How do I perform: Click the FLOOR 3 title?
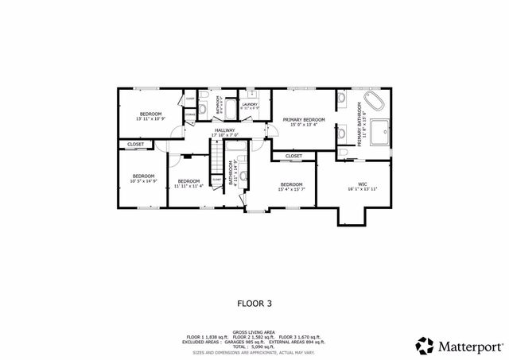click(254, 303)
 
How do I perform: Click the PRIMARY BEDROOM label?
click(304, 121)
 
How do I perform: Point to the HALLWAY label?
click(225, 132)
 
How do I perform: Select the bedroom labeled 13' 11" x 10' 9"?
click(150, 116)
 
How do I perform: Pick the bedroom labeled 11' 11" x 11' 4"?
click(189, 182)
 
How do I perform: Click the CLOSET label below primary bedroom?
click(293, 156)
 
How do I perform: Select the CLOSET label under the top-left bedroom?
click(134, 145)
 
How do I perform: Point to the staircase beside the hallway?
click(216, 160)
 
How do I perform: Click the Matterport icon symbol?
click(424, 345)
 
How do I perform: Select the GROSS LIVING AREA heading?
click(254, 331)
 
